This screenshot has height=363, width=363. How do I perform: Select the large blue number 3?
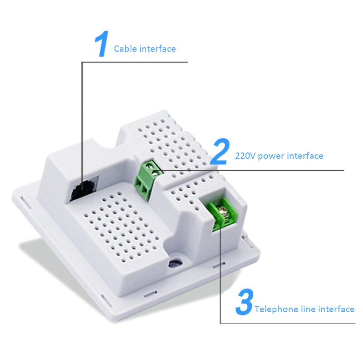pyautogui.click(x=244, y=303)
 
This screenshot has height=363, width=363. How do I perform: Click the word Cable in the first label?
pyautogui.click(x=124, y=49)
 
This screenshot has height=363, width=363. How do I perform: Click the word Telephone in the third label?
pyautogui.click(x=276, y=309)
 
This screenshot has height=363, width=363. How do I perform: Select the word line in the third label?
pyautogui.click(x=309, y=309)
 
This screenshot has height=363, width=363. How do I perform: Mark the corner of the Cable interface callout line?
pyautogui.click(x=82, y=63)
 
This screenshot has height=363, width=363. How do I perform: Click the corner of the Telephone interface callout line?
pyautogui.click(x=221, y=323)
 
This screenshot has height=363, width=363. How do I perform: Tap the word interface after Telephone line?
pyautogui.click(x=336, y=309)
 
